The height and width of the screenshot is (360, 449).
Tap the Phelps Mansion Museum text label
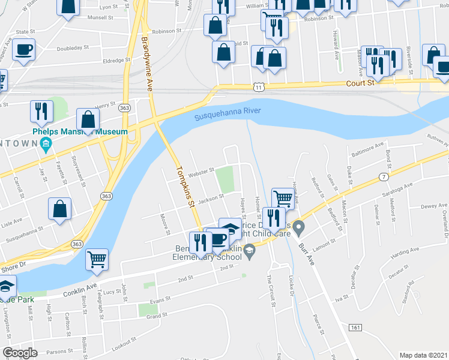[x=79, y=131]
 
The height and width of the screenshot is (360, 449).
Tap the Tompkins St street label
[x=184, y=188]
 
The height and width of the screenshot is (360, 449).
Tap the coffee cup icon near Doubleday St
[x=23, y=50]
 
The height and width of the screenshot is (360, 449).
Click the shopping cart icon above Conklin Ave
[x=97, y=259]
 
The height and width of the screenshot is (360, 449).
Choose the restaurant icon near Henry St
[x=41, y=111]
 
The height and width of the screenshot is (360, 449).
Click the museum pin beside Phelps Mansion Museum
[x=46, y=143]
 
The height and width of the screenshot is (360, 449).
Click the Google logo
[x=20, y=353]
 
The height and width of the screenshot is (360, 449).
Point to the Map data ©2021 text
[x=424, y=355]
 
